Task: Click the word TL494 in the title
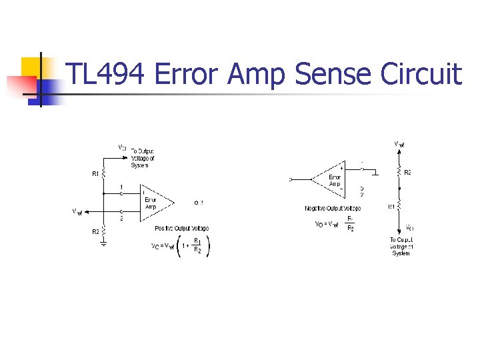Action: (x=106, y=74)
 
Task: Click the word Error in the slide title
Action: (x=186, y=74)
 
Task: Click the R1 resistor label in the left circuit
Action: (x=95, y=173)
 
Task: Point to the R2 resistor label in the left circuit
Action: (x=95, y=231)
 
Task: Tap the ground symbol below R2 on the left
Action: (x=103, y=243)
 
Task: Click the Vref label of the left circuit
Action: (x=77, y=212)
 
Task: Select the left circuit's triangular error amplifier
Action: (x=155, y=199)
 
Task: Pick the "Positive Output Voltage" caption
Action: (x=181, y=229)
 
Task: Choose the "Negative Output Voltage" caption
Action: (x=332, y=209)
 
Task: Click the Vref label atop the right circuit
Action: (x=399, y=144)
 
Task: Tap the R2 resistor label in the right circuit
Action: (x=407, y=173)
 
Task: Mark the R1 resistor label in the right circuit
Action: (x=391, y=207)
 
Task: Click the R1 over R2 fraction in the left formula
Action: (x=197, y=245)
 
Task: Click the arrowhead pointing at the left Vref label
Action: (x=88, y=212)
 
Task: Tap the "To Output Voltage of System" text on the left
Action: (x=142, y=158)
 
